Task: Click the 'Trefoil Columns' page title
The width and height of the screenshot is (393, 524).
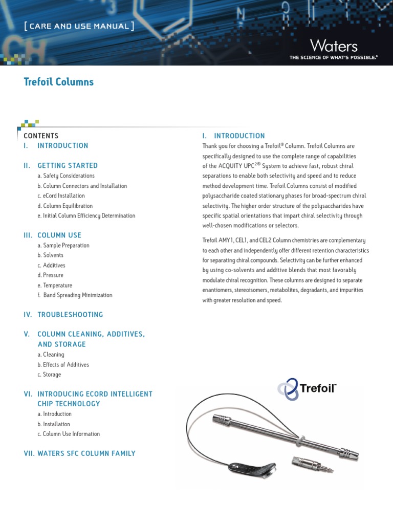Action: coord(59,82)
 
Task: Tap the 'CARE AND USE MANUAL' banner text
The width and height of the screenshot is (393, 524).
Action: coord(79,26)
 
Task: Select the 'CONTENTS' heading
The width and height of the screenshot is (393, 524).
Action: coord(41,136)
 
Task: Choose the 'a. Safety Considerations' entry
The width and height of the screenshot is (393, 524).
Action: coord(66,176)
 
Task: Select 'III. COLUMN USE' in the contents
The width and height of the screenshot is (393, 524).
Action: coord(52,235)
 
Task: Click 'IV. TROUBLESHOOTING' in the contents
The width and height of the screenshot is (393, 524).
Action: coord(63,315)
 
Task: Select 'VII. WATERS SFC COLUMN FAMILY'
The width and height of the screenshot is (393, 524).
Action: coord(79,453)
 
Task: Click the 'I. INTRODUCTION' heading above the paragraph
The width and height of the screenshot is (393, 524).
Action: coord(233,136)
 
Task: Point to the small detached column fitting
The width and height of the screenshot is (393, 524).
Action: coord(305,464)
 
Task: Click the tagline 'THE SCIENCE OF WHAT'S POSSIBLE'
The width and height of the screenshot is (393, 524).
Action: coord(333,58)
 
